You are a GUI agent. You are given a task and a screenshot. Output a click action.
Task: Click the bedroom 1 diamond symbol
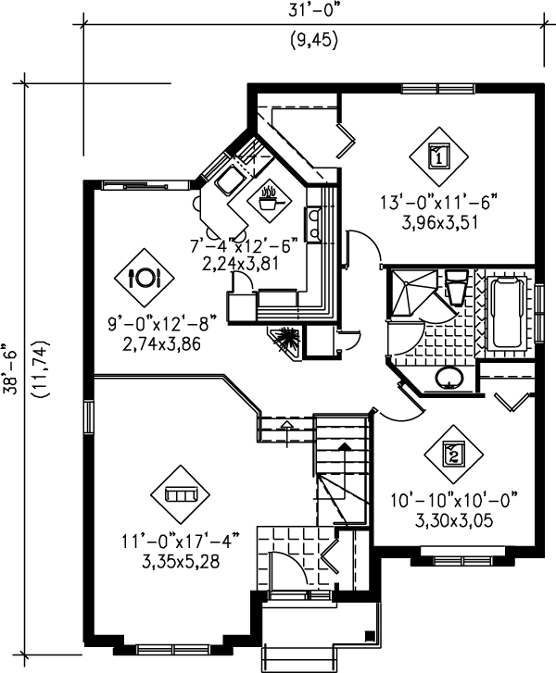click(x=438, y=156)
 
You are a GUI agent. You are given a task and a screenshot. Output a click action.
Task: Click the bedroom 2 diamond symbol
click(x=454, y=455)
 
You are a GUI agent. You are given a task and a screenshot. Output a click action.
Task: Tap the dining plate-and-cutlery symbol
click(x=145, y=278)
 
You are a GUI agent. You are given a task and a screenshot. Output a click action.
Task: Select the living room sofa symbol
click(x=181, y=494)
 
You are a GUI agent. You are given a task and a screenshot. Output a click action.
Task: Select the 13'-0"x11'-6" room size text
click(x=439, y=202)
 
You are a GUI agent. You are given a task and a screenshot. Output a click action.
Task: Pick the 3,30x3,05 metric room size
click(x=454, y=520)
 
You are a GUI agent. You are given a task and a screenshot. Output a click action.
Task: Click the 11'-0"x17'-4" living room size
click(x=181, y=541)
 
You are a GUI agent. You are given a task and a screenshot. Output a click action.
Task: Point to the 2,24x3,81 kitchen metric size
click(x=241, y=263)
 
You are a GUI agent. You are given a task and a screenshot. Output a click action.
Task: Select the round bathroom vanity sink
click(x=449, y=378)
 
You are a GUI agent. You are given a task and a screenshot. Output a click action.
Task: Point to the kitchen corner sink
click(x=231, y=181)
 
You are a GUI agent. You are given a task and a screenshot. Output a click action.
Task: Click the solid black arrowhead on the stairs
click(x=344, y=447)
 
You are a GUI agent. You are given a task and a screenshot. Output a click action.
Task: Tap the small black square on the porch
click(x=369, y=636)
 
